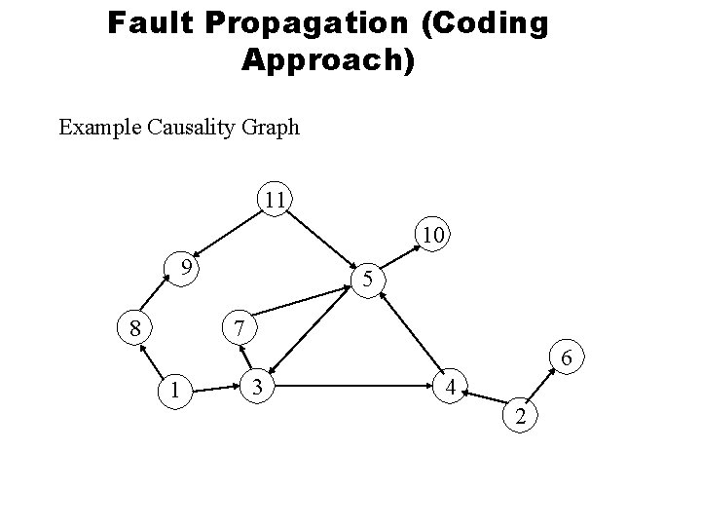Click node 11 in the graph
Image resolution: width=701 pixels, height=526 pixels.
click(x=275, y=200)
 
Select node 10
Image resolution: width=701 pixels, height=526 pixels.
click(x=432, y=235)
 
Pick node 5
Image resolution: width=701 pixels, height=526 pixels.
click(x=367, y=281)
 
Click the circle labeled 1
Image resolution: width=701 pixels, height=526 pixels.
click(x=174, y=390)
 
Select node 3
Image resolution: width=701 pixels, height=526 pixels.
click(x=257, y=387)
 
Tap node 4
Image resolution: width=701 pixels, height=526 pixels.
click(x=449, y=387)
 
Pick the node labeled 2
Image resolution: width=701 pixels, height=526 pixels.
click(x=522, y=417)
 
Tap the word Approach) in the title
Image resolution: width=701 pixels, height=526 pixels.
click(x=328, y=59)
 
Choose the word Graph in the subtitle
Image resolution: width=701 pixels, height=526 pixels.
click(x=272, y=127)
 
